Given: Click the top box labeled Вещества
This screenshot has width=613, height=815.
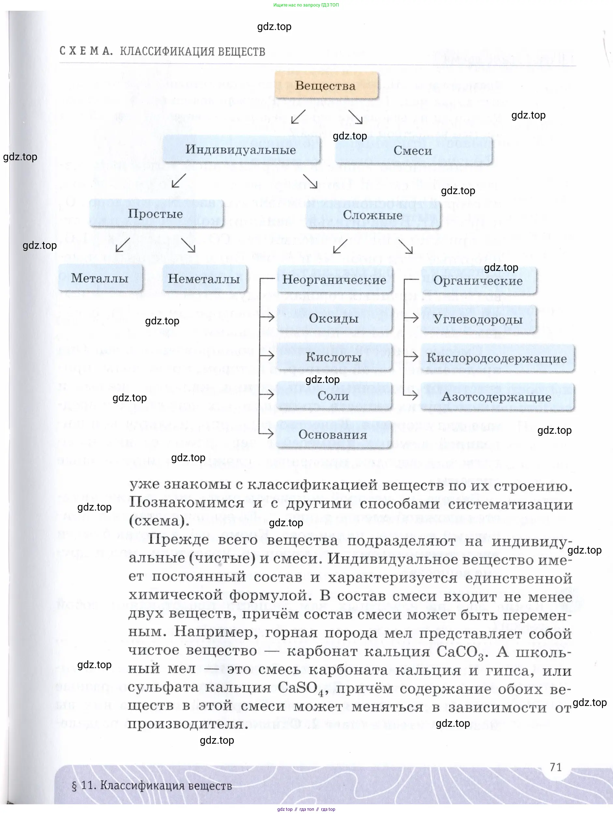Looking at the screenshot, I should coord(326,86).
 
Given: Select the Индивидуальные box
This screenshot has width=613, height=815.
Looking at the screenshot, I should coord(241,149).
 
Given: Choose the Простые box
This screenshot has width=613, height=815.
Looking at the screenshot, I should coord(156,214).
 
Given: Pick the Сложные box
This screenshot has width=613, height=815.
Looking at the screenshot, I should coord(373,215).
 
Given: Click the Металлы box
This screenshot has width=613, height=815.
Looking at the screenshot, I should coord(100,278).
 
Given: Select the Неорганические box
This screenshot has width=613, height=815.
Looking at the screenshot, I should coord(334,280).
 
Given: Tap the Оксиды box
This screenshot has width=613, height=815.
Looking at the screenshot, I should coord(334,318).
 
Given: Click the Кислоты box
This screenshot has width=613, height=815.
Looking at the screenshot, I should coord(334,357).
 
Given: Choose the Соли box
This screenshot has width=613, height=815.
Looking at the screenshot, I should coord(333,396).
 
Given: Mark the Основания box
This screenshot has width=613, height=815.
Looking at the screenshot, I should coord(333,434).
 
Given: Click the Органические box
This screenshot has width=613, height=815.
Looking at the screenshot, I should coord(478,281).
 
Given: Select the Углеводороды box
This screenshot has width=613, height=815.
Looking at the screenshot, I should coord(478,319).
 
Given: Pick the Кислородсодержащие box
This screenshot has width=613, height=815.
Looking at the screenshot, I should coord(497,358).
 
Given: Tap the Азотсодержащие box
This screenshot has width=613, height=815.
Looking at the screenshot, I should coord(497,397).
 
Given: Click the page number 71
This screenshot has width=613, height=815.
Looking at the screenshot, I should coord(555,767).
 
